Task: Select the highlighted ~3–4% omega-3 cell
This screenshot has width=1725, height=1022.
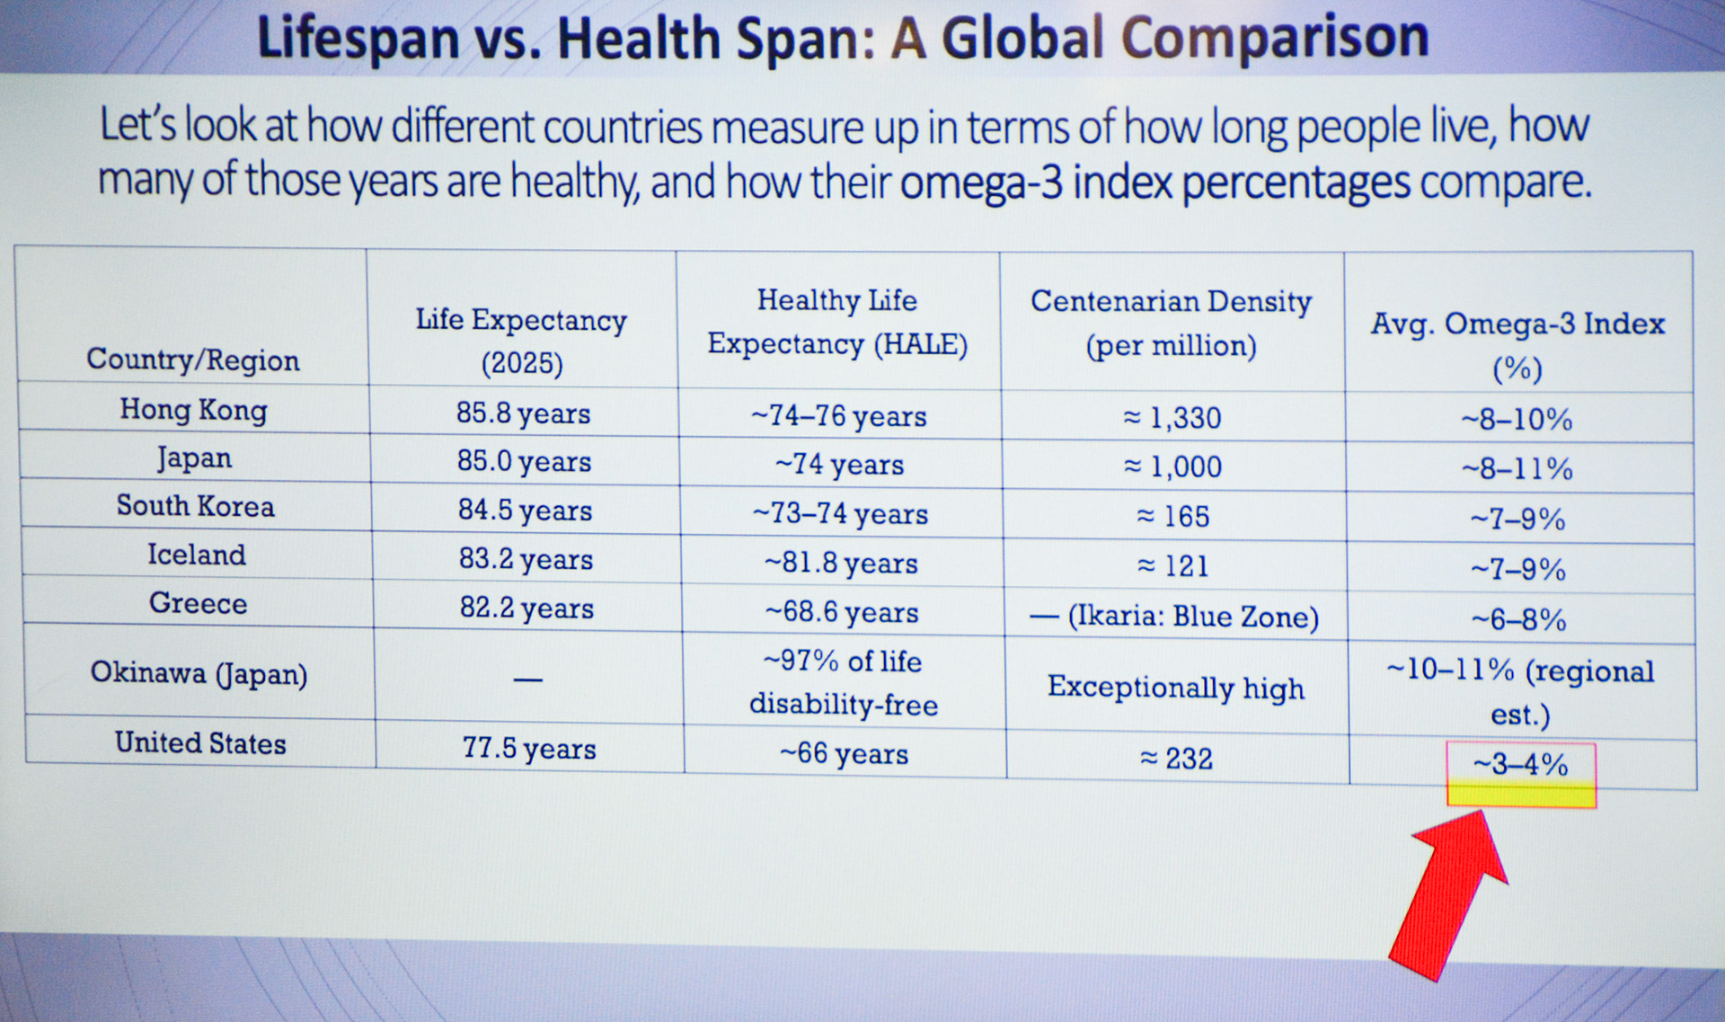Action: [x=1521, y=774]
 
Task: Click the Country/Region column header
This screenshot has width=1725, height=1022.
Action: [x=193, y=360]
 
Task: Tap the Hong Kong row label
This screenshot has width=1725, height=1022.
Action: [x=194, y=410]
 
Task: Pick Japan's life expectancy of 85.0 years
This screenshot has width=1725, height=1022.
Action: [x=524, y=462]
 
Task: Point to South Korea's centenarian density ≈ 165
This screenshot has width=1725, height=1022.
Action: [x=1173, y=516]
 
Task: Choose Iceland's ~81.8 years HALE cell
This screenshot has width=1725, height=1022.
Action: [x=841, y=564]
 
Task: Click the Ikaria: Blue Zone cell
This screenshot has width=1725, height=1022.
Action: [x=1174, y=617]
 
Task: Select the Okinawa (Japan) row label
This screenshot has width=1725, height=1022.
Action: [x=199, y=673]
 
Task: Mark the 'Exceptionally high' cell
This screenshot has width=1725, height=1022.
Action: [x=1175, y=688]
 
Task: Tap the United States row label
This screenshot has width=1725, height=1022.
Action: [x=200, y=743]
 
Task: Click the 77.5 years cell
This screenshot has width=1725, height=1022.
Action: [x=529, y=749]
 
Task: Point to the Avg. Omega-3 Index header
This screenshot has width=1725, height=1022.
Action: [x=1517, y=345]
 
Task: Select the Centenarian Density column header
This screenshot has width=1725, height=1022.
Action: [x=1171, y=323]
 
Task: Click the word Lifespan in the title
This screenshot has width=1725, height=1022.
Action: [x=358, y=38]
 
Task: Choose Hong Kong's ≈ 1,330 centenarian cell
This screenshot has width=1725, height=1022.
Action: [x=1172, y=418]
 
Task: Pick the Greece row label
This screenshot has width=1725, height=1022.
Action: [x=198, y=603]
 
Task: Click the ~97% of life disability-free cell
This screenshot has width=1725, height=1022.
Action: [x=843, y=683]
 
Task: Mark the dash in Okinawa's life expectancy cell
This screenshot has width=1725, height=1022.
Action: [x=528, y=680]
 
